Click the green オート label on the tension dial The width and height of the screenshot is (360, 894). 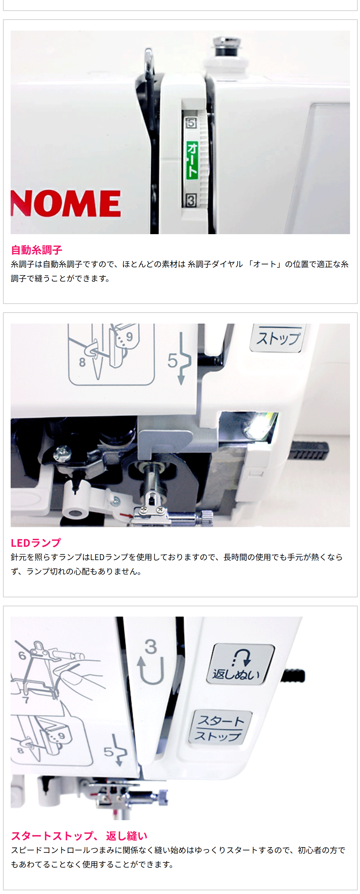point(192,160)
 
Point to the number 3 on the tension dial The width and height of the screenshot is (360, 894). point(191,200)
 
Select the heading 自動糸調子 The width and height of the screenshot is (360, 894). point(37,250)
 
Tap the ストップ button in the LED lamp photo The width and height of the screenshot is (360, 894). point(278,338)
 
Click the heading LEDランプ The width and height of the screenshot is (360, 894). point(36,543)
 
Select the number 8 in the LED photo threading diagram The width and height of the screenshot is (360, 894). point(82,362)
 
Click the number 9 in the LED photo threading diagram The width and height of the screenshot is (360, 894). point(129,337)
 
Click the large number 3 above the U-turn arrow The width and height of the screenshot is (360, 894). point(151,647)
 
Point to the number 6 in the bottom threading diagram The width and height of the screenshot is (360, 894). point(22,656)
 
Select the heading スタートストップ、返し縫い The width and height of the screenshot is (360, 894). point(79,836)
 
